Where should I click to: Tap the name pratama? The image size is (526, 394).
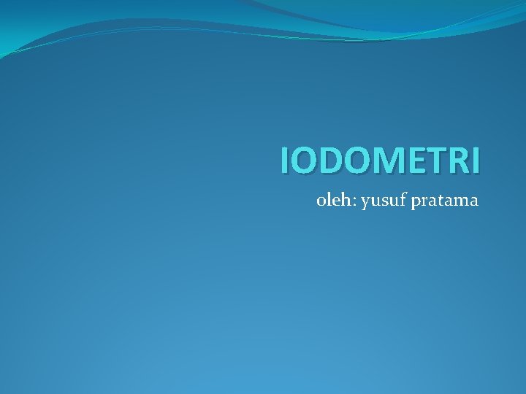tap(445, 201)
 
